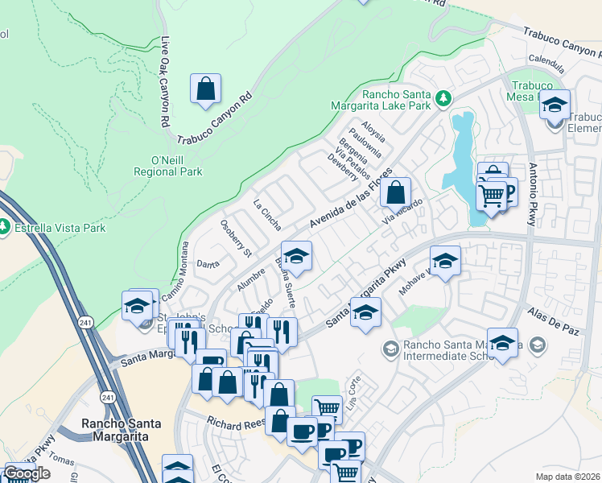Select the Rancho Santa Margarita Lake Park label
click(381, 98)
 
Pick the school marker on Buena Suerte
click(296, 256)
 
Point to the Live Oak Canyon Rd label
click(166, 80)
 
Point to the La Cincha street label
click(266, 211)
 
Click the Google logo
click(27, 473)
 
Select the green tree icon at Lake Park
click(442, 98)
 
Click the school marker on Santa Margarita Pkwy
click(365, 312)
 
